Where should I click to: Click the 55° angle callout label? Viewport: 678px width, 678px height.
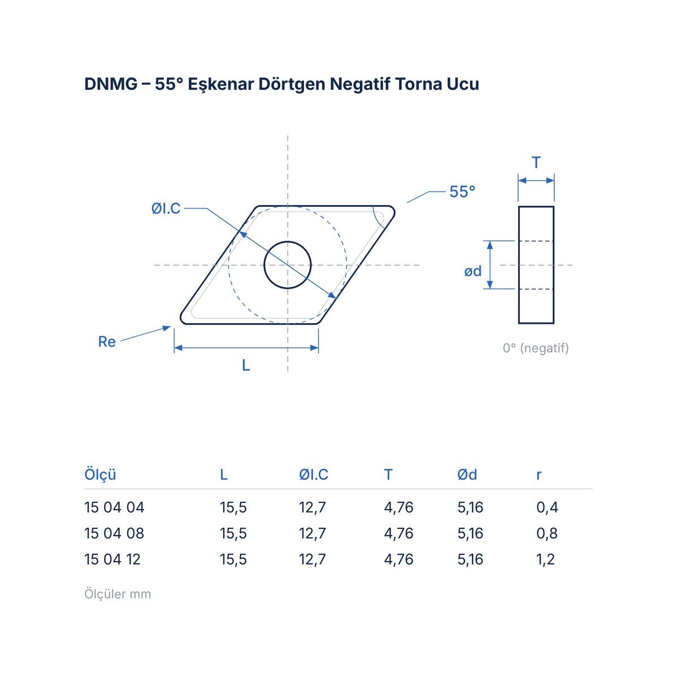[x=462, y=192]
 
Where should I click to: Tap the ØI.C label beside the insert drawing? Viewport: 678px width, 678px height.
[x=166, y=208]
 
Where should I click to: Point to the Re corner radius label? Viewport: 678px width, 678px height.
[x=107, y=342]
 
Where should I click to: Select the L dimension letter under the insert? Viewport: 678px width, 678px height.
[x=246, y=366]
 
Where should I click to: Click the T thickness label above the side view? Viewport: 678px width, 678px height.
[x=536, y=163]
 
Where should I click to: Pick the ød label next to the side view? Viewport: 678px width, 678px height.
[x=472, y=271]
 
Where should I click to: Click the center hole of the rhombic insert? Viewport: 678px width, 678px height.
[x=288, y=265]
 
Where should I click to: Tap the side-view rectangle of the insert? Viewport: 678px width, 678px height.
[x=536, y=265]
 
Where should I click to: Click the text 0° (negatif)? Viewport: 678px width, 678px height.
[x=536, y=348]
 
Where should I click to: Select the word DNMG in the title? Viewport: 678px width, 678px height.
[x=111, y=84]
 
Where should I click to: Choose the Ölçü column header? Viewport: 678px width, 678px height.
[x=100, y=474]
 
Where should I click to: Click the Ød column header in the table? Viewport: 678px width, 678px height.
[x=467, y=475]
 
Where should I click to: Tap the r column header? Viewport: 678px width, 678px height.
[x=538, y=475]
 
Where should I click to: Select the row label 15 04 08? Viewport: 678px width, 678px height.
[x=114, y=533]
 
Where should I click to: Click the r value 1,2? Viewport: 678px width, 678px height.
[x=545, y=559]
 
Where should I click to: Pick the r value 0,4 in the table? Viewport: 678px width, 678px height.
[x=547, y=507]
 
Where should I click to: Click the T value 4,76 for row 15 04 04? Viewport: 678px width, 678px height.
[x=399, y=507]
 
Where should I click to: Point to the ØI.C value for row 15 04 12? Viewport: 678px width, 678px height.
[x=312, y=559]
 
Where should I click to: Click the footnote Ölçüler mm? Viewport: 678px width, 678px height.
[x=118, y=594]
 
